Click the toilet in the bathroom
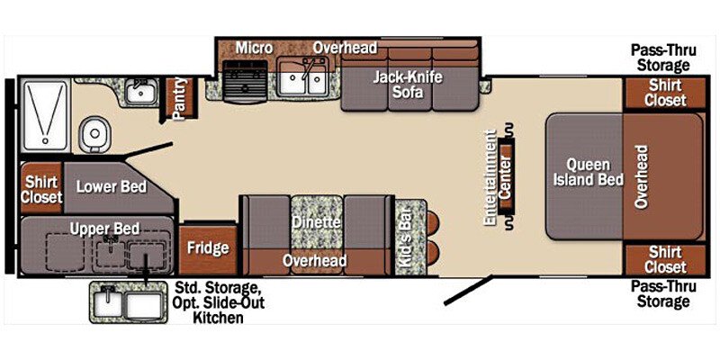click(93, 135)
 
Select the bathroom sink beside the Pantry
click(139, 90)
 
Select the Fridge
click(207, 247)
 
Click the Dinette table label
click(315, 221)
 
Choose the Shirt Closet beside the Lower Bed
click(41, 188)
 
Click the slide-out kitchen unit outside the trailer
click(127, 302)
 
